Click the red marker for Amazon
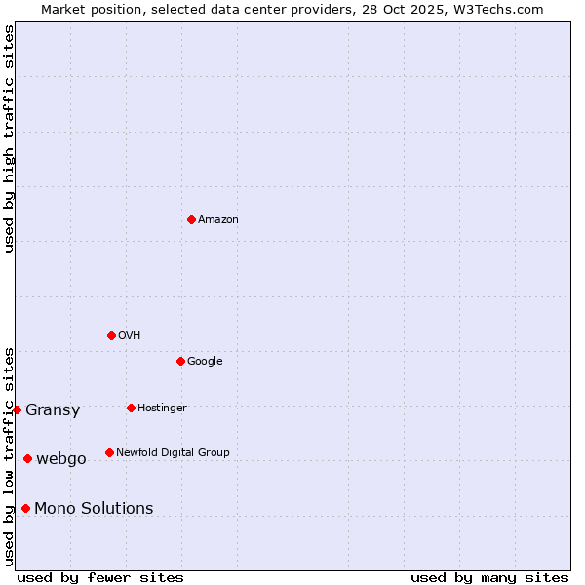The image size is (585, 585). (191, 219)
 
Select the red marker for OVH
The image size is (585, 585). (111, 335)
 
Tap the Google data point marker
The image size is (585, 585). (180, 361)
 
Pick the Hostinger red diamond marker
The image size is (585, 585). (131, 408)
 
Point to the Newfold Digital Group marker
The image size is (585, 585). (109, 452)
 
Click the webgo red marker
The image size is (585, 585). (27, 458)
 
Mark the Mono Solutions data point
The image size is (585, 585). (25, 508)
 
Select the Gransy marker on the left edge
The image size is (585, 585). (17, 409)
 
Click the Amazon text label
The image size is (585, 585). (218, 220)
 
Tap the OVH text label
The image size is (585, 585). (130, 336)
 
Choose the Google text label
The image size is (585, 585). (205, 362)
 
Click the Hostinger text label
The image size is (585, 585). (162, 409)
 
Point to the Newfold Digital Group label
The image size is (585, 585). (173, 453)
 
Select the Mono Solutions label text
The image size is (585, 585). (94, 509)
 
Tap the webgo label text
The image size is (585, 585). (61, 459)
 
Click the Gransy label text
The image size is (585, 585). (53, 410)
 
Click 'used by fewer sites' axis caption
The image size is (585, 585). (100, 577)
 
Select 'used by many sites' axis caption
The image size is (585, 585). (489, 577)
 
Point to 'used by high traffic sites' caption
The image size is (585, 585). (9, 138)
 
